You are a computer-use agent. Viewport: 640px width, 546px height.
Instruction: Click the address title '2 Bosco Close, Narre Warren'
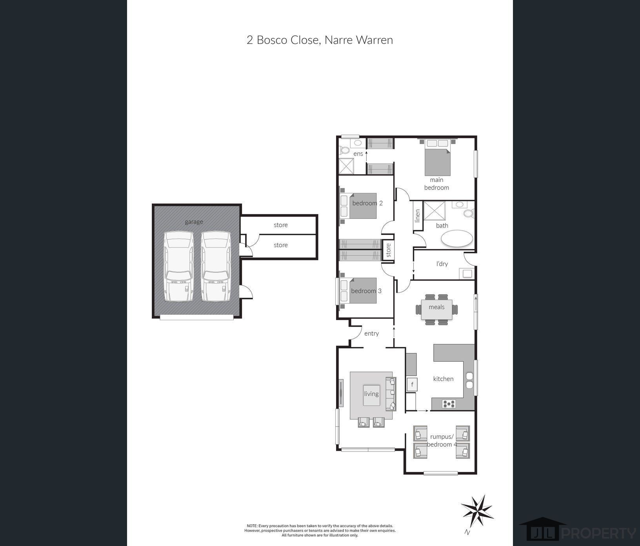click(x=320, y=40)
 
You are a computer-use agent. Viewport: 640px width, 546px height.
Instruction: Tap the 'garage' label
click(x=194, y=222)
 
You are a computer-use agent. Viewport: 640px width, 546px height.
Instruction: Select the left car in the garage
click(x=178, y=266)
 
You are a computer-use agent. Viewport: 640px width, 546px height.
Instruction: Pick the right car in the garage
click(x=216, y=266)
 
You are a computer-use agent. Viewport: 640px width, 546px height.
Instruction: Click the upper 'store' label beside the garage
click(x=281, y=225)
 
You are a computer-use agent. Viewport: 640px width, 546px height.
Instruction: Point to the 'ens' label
click(x=358, y=154)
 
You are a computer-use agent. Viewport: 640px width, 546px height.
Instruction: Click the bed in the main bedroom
click(x=437, y=157)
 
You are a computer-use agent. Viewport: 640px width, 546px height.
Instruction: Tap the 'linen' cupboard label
click(x=418, y=216)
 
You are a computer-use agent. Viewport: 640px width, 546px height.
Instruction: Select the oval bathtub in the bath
click(x=457, y=238)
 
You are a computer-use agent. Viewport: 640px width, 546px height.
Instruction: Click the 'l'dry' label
click(x=442, y=264)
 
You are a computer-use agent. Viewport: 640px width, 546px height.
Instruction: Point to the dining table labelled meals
click(x=436, y=309)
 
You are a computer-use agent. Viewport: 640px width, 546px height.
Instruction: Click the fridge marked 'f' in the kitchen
click(x=412, y=384)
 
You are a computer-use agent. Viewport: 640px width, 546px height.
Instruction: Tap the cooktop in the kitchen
click(x=449, y=403)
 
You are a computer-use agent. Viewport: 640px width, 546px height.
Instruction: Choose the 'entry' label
click(x=371, y=333)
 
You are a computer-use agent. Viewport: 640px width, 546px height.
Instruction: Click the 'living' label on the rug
click(x=371, y=394)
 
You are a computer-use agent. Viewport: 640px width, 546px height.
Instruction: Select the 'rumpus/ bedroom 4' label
click(x=442, y=440)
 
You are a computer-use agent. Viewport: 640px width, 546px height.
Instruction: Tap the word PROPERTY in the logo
click(x=598, y=533)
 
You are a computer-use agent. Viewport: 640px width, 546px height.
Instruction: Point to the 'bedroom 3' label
click(x=366, y=291)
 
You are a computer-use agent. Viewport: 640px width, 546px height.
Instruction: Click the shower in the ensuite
click(x=346, y=166)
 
